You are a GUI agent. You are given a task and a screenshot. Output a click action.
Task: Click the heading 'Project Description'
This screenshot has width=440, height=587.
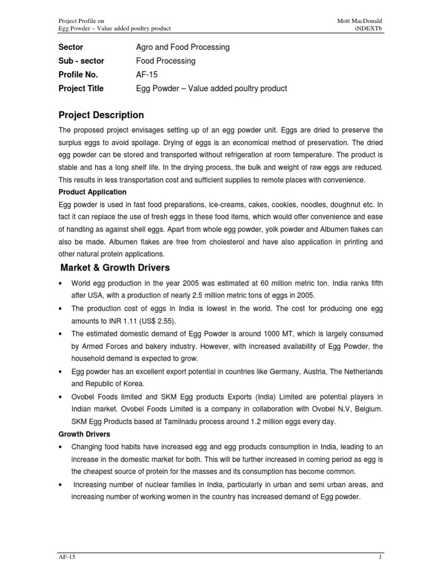[101, 115]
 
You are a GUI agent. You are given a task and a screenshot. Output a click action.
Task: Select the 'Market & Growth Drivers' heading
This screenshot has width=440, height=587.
[115, 268]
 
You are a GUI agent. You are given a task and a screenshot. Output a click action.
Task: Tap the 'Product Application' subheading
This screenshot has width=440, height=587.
[93, 192]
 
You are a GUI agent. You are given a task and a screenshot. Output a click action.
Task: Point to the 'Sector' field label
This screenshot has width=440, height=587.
[70, 47]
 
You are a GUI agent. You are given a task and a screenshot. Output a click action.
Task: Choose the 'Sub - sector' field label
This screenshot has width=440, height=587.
[78, 61]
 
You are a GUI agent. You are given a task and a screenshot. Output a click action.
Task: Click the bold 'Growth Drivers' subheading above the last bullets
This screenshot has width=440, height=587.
[85, 434]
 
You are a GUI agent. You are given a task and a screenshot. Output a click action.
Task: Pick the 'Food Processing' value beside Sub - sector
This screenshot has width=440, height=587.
[166, 61]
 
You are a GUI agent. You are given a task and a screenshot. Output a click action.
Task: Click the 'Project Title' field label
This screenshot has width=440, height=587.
[81, 88]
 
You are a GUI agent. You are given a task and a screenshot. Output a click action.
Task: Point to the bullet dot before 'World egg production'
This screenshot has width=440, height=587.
[61, 283]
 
